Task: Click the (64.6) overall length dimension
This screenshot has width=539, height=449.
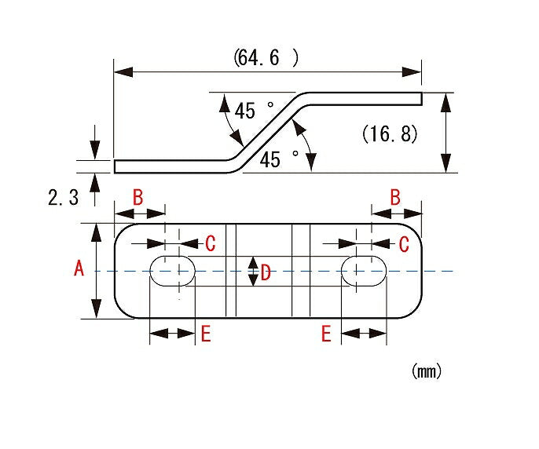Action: coord(266,58)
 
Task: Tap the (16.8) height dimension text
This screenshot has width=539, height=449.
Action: coord(390,133)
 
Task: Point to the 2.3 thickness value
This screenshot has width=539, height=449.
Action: coord(63,198)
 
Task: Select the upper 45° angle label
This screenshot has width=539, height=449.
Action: coord(254,110)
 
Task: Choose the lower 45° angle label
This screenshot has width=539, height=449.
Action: coord(279,159)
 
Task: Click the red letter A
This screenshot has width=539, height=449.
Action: coord(79,268)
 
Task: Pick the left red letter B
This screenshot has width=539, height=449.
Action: coord(137,197)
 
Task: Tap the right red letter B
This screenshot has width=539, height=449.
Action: coord(396,197)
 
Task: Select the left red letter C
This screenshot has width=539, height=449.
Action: coord(211,243)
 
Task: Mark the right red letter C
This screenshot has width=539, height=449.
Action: coord(404,244)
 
